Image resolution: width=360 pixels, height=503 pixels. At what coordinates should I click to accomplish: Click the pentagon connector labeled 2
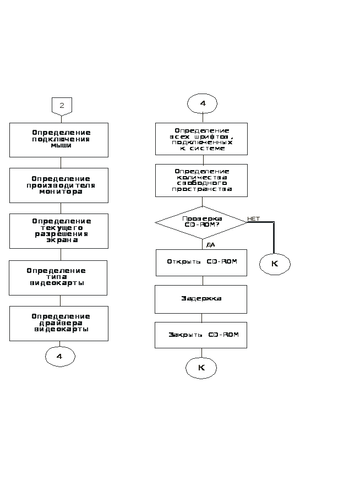62,105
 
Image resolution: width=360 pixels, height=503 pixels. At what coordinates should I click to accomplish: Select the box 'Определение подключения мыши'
59,140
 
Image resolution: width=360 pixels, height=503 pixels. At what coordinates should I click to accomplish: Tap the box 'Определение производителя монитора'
59,185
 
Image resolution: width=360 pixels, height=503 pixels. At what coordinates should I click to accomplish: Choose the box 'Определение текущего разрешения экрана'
59,231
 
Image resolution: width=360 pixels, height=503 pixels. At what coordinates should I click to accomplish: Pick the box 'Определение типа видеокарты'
58,277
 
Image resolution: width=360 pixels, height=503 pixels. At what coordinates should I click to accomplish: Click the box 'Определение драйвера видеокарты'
59,323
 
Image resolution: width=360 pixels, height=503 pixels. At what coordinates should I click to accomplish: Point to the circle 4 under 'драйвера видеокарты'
60,357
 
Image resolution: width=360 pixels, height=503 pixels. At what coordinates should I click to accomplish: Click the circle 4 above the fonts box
202,103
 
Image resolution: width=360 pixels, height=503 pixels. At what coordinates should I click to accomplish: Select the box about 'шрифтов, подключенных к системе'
201,139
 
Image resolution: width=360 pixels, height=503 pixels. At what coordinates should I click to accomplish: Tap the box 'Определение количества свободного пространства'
201,181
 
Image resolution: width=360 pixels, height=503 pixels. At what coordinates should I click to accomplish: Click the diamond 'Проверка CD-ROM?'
201,222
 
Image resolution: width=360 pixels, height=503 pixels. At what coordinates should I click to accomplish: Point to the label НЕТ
253,219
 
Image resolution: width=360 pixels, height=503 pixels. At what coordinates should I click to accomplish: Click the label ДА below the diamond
210,244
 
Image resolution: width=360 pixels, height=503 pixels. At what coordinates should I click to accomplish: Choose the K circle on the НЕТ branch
275,264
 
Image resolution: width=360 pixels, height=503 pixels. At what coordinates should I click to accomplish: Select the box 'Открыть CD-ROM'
201,263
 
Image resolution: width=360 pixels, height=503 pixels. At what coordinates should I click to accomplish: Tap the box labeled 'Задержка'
201,299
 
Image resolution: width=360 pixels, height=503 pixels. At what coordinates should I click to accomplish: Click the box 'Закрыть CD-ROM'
201,335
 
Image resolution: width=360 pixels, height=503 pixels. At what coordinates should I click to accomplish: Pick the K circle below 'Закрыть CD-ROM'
201,368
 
